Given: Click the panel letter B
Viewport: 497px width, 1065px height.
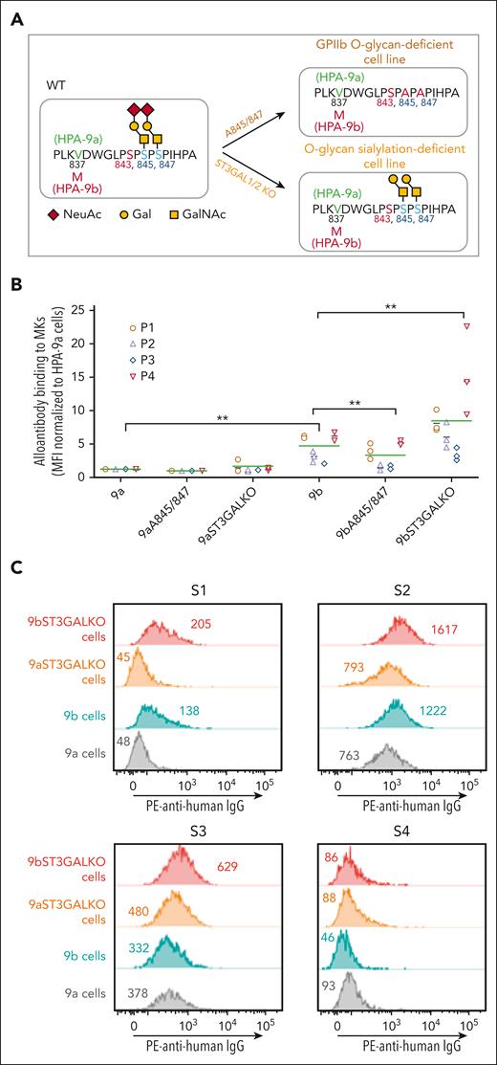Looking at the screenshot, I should pos(15,284).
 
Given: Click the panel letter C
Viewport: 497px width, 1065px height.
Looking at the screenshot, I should pos(15,566).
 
